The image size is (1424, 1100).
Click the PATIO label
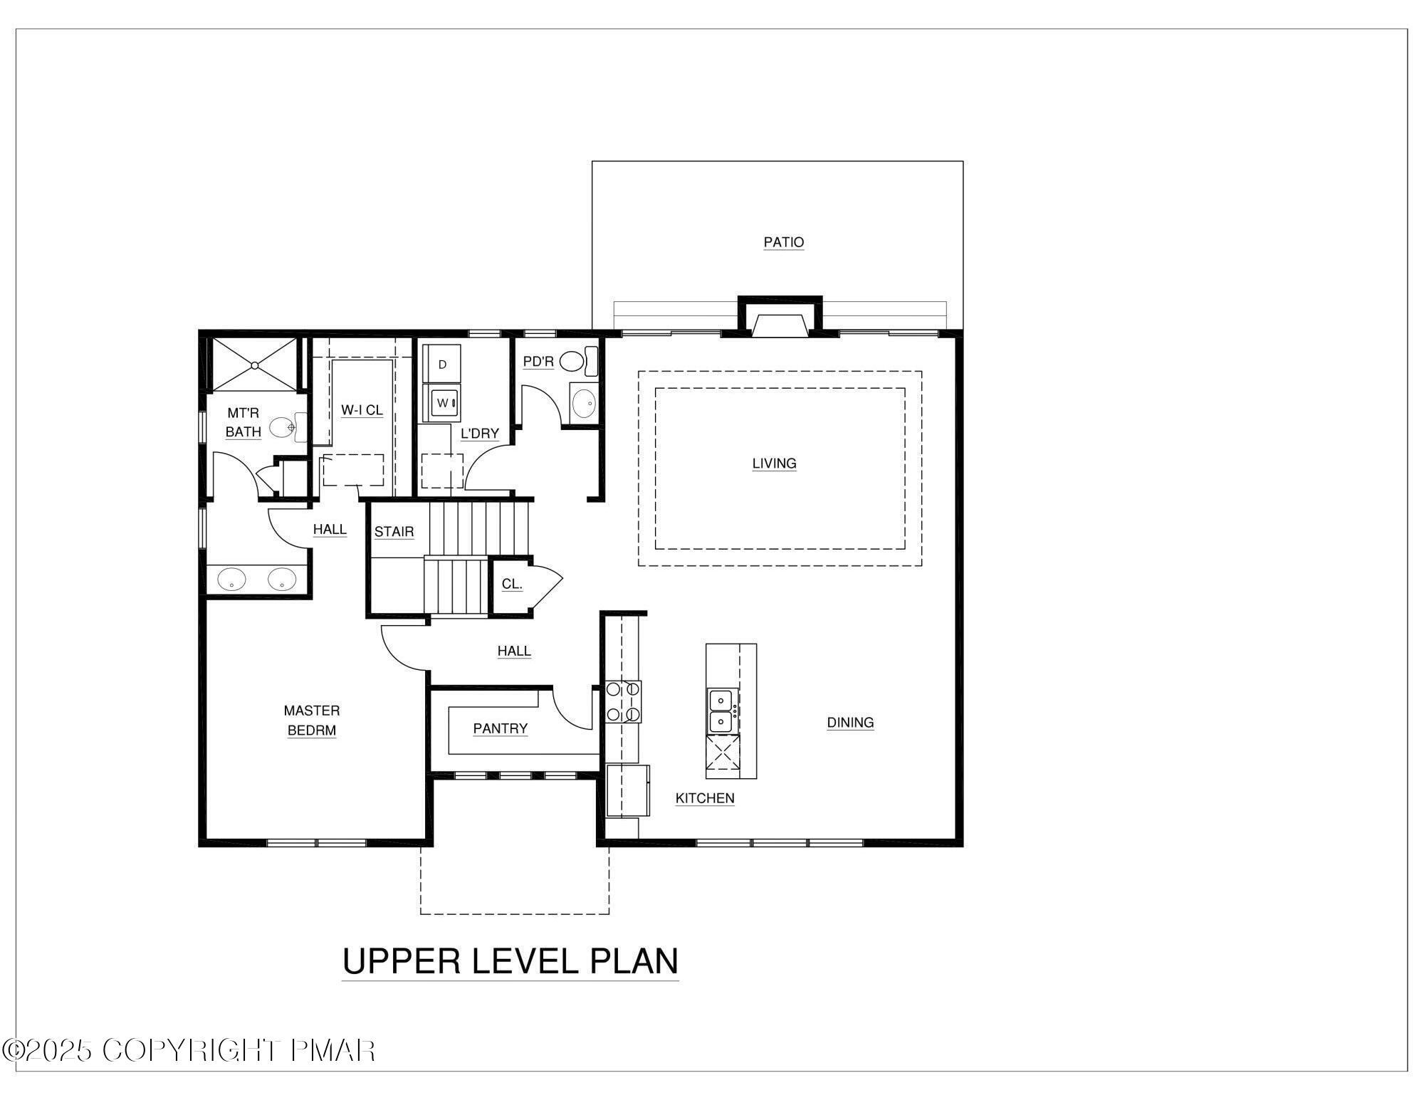pyautogui.click(x=783, y=242)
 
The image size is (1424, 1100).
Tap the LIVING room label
pyautogui.click(x=774, y=463)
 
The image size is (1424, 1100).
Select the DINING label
pyautogui.click(x=850, y=722)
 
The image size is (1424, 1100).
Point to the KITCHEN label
pyautogui.click(x=704, y=798)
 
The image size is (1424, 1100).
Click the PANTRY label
pyautogui.click(x=500, y=728)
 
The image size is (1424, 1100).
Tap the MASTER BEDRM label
pyautogui.click(x=312, y=720)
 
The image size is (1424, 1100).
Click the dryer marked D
pyautogui.click(x=442, y=365)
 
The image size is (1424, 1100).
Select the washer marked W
pyautogui.click(x=442, y=403)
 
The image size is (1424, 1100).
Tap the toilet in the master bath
pyautogui.click(x=285, y=427)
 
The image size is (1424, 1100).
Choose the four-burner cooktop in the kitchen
pyautogui.click(x=623, y=701)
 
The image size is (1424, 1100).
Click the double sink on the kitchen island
pyautogui.click(x=722, y=711)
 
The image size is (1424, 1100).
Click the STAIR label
pyautogui.click(x=394, y=532)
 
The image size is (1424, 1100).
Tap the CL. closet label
pyautogui.click(x=512, y=584)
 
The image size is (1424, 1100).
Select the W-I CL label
pyautogui.click(x=362, y=410)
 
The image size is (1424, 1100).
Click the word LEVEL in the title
pyautogui.click(x=526, y=961)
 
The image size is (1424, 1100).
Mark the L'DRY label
pyautogui.click(x=479, y=433)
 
